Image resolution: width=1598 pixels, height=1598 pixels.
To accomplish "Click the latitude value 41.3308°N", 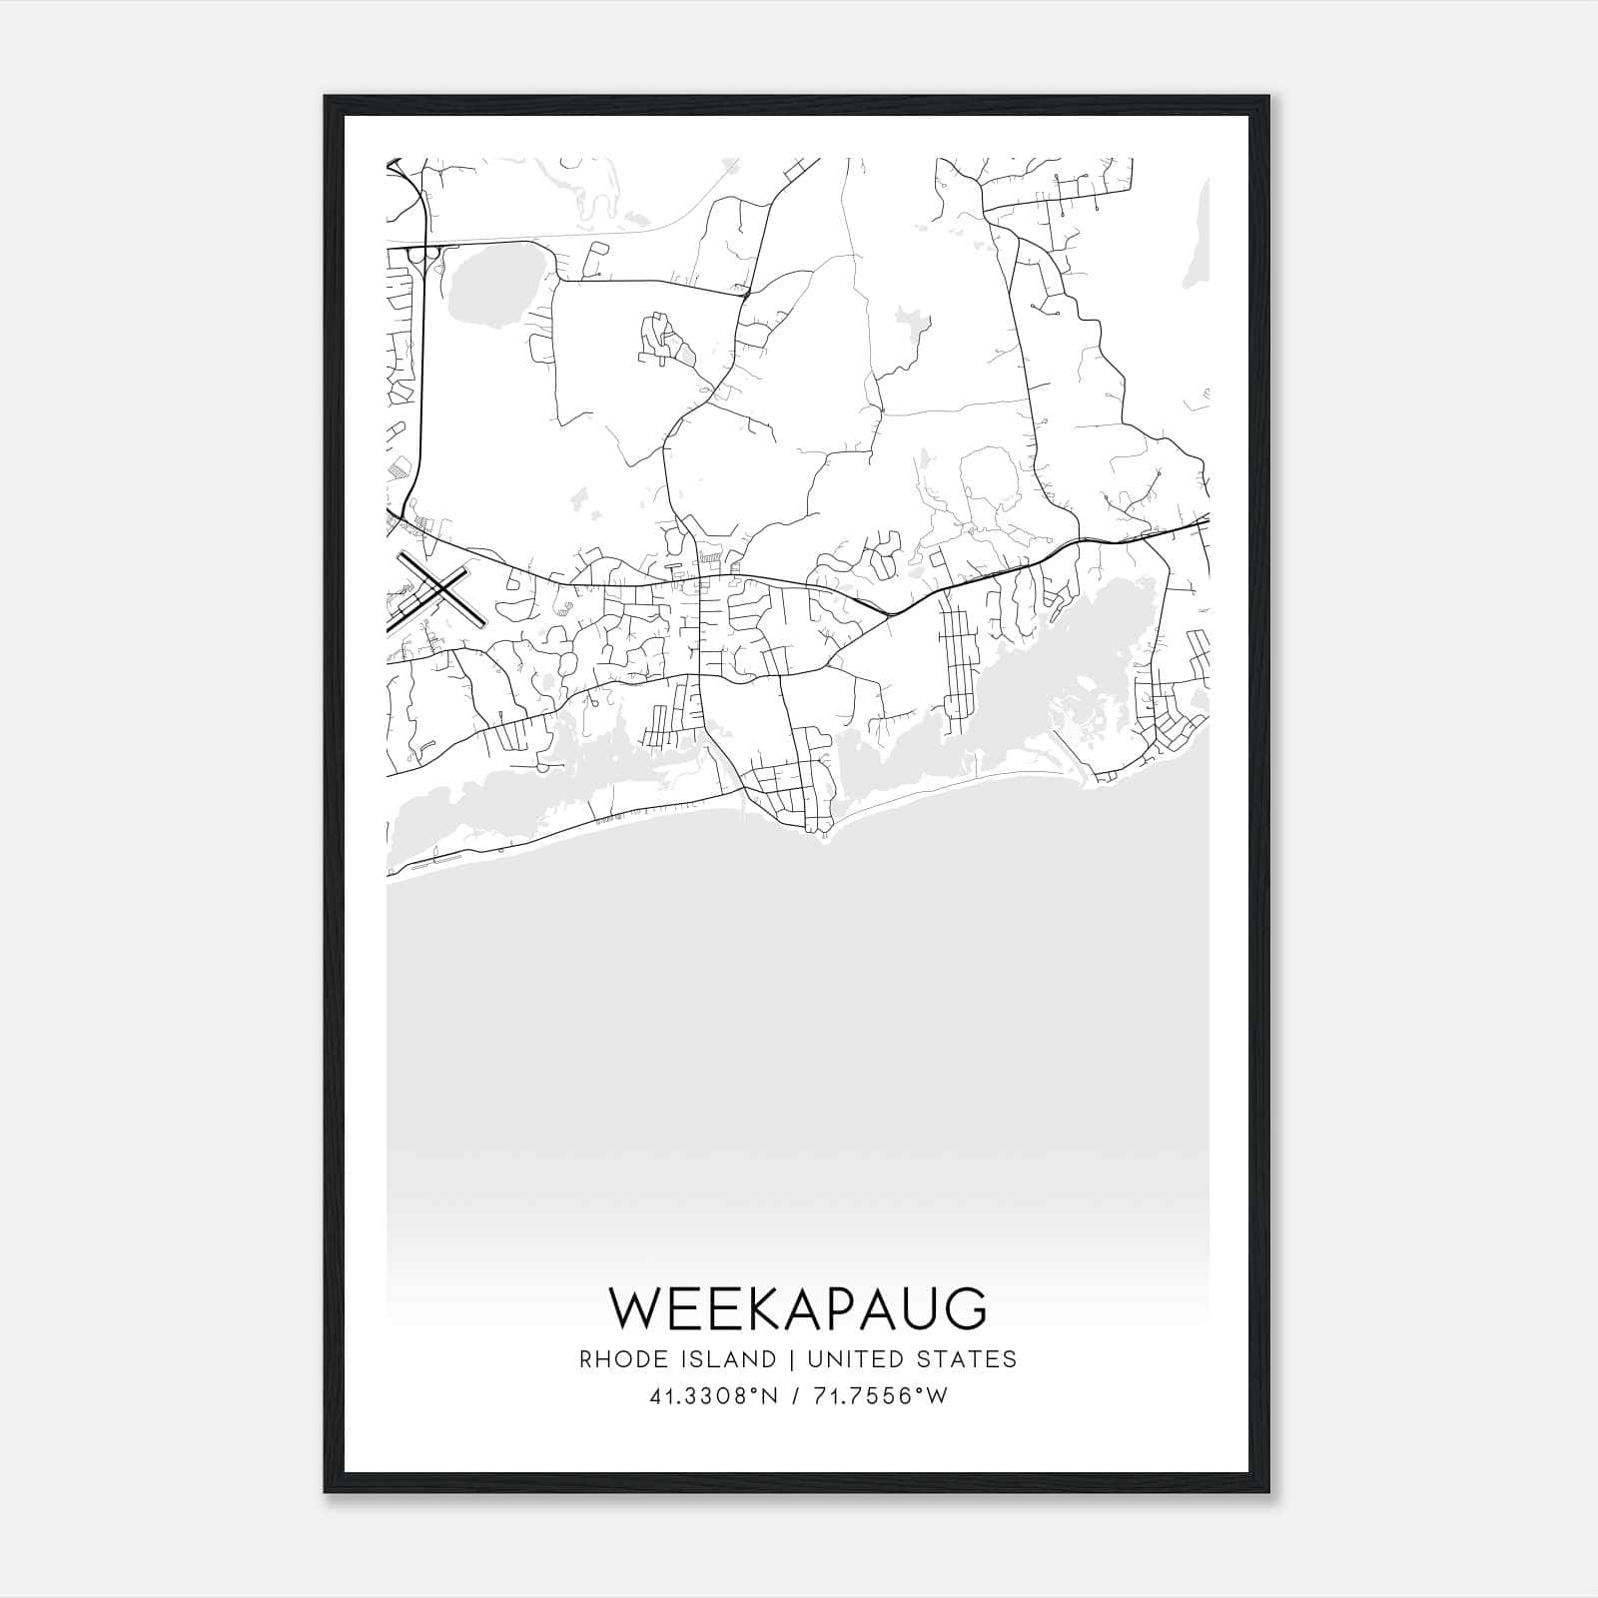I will click(713, 1396).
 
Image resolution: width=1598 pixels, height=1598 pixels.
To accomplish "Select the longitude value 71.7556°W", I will click(882, 1396).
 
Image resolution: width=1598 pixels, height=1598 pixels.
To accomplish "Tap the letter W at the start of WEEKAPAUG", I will click(633, 1308).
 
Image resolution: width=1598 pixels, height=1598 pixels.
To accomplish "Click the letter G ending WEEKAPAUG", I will click(966, 1308).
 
